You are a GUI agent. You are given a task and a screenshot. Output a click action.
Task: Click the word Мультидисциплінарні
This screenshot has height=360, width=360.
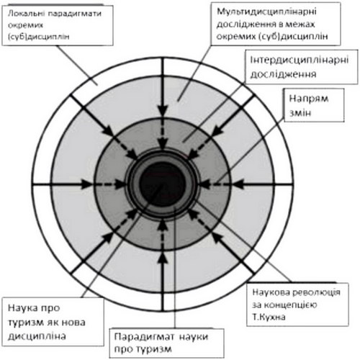[266, 12]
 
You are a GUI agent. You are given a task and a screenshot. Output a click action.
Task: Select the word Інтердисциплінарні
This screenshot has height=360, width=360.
[299, 60]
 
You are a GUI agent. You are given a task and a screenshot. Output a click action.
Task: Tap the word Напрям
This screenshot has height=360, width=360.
[309, 99]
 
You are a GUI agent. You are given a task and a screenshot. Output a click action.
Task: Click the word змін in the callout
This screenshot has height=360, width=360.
[300, 113]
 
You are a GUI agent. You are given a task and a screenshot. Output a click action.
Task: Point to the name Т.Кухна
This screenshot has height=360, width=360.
[269, 317]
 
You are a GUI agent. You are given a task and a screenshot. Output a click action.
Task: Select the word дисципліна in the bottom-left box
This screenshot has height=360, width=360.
[37, 336]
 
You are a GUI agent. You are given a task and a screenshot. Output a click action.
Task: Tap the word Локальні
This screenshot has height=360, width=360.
[27, 14]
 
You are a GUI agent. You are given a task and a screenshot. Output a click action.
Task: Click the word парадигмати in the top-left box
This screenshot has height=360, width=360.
[75, 14]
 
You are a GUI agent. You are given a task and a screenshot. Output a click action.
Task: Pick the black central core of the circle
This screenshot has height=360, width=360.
[163, 184]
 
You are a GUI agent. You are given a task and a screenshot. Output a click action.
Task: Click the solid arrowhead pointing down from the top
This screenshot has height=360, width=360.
[163, 110]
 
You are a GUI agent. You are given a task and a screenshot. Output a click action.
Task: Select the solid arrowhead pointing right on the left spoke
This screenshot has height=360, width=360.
[86, 184]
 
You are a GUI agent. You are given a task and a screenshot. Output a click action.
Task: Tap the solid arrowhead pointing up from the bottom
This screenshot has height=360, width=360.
[163, 258]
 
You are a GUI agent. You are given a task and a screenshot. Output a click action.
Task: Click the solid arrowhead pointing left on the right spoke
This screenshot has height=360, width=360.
[239, 184]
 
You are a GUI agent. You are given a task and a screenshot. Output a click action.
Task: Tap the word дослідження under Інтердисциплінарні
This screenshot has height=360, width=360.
[283, 74]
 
